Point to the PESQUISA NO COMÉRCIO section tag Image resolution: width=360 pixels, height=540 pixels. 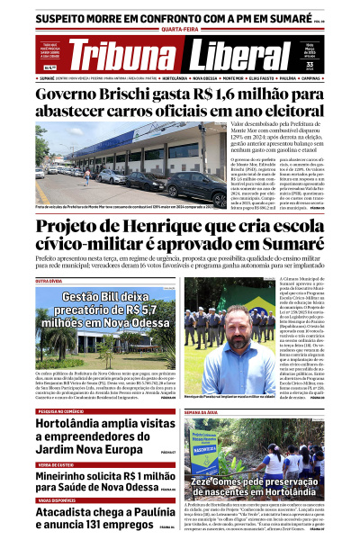click(x=62, y=385)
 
